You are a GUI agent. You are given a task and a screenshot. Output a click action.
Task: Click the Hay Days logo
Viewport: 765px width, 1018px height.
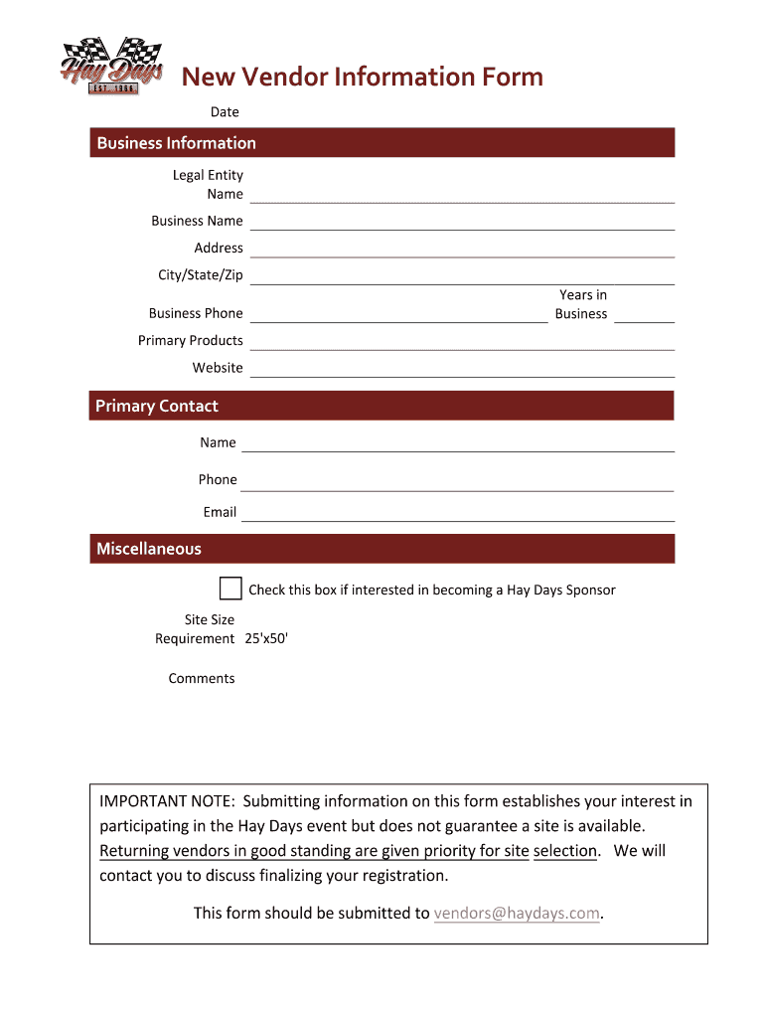(111, 66)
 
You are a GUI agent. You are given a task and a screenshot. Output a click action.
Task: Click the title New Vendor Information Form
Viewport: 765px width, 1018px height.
(362, 77)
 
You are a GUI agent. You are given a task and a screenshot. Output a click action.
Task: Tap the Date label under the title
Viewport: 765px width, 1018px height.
(225, 112)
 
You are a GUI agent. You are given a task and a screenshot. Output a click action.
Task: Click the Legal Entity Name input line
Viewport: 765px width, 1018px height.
(462, 194)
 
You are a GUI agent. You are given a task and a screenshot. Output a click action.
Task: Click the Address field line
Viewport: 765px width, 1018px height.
(462, 249)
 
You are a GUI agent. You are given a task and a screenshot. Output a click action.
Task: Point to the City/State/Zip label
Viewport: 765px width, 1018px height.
(200, 275)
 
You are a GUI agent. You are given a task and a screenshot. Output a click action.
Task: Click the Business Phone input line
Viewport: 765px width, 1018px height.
(398, 314)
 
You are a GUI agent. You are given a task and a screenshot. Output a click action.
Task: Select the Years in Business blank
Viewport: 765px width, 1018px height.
(644, 314)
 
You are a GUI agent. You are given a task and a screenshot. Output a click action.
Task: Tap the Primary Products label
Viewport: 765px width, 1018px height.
(190, 341)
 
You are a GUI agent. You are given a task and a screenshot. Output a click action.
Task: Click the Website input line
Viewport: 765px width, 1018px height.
(462, 369)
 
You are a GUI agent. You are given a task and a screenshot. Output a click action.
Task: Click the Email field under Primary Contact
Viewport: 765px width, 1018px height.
(458, 513)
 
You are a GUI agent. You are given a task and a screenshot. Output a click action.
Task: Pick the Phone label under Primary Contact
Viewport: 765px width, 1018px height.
(218, 480)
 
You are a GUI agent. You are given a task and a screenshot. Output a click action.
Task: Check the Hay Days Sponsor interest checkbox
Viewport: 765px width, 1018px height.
(230, 589)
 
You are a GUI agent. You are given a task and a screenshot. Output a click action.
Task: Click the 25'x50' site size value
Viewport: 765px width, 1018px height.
(266, 639)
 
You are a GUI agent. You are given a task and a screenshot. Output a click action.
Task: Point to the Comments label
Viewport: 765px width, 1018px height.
(202, 679)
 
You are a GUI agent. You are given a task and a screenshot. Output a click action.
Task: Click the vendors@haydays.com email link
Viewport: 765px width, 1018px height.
(517, 914)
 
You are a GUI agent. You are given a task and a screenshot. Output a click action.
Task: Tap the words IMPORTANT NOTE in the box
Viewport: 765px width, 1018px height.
(166, 801)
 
